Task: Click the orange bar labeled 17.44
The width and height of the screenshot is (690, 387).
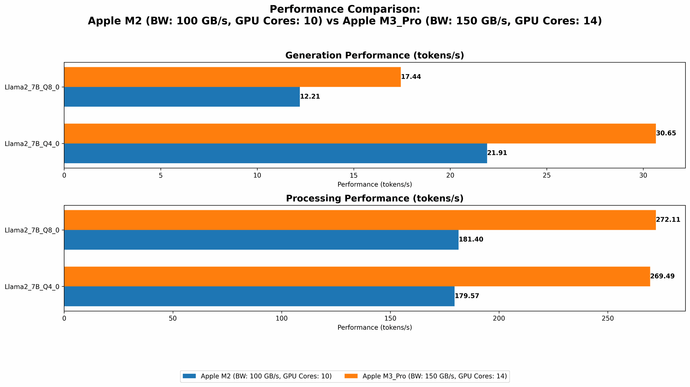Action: [232, 77]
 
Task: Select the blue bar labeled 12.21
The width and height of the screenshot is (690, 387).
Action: [182, 97]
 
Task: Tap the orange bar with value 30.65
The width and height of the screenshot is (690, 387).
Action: [360, 133]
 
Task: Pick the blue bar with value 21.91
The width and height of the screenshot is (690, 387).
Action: [275, 153]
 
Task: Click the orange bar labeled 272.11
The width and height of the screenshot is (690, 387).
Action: [360, 220]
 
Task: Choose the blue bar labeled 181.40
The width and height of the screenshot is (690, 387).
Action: [261, 240]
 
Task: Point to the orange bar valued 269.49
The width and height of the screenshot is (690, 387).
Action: [357, 276]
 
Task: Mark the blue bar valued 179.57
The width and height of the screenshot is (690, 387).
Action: [259, 296]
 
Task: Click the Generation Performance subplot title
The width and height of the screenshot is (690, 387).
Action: [374, 55]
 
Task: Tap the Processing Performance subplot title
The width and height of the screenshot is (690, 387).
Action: [374, 198]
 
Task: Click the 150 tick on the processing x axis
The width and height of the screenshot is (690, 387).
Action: [390, 318]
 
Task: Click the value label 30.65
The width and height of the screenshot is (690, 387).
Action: [666, 133]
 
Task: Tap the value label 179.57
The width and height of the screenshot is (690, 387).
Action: [467, 296]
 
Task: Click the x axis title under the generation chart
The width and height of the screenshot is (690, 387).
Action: [374, 184]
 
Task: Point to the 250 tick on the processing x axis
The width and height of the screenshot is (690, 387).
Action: [608, 318]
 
